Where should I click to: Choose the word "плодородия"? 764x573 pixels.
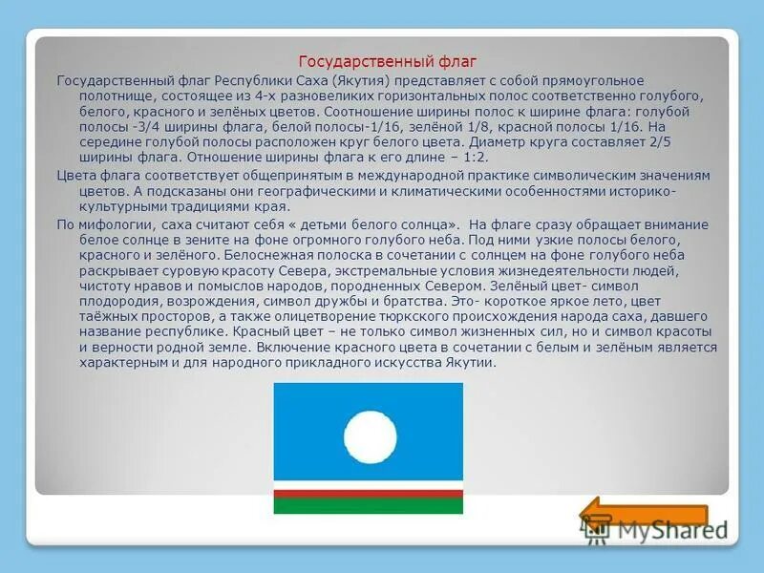[x=103, y=302]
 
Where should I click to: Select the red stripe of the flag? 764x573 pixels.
[x=370, y=494]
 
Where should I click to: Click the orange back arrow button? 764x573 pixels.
[x=603, y=517]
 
